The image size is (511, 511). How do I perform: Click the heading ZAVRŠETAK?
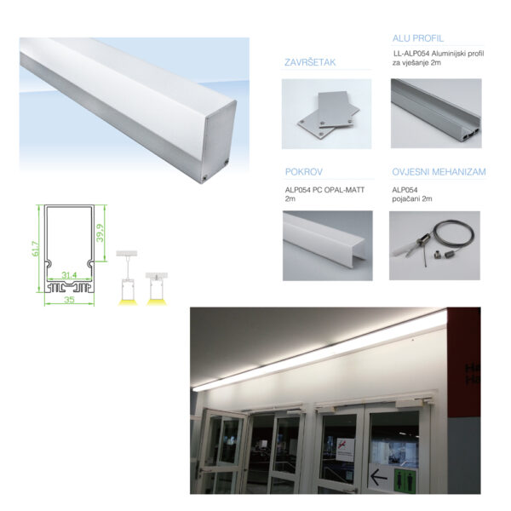point(310,62)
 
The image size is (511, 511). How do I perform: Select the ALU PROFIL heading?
point(418,38)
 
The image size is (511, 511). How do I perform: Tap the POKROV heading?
point(304,172)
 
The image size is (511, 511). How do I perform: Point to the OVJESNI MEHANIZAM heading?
point(439,172)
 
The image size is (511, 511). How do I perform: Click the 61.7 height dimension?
point(36,249)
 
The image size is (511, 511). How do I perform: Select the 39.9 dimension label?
point(100,233)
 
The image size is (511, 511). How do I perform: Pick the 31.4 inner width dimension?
point(69,275)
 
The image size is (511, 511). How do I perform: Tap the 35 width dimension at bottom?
point(69,300)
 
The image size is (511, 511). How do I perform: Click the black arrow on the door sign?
point(378,478)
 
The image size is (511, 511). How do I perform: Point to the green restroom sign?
point(405,480)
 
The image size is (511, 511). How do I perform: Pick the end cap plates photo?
point(326,114)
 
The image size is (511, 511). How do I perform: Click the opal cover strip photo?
point(328,246)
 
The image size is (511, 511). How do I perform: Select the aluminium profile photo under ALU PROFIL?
point(436,113)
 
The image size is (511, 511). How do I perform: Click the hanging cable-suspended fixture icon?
point(127,278)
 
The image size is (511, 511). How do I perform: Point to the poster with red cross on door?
point(345,450)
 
